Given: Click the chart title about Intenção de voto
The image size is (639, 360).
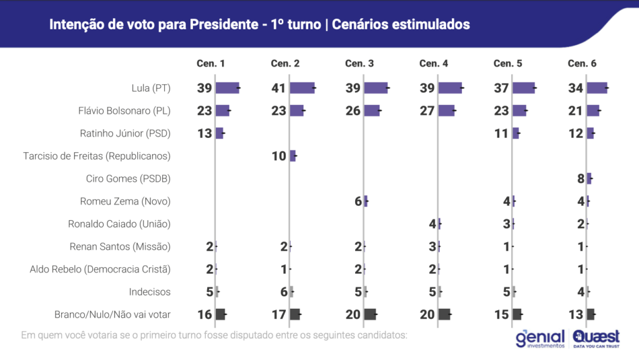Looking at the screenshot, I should click(x=259, y=24).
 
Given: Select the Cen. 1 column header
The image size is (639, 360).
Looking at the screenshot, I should click(x=211, y=64).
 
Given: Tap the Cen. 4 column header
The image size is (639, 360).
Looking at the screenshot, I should click(x=434, y=64).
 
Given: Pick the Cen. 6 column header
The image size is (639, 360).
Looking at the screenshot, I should click(x=582, y=64).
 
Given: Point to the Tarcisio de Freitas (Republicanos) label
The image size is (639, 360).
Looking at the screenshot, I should click(x=97, y=156).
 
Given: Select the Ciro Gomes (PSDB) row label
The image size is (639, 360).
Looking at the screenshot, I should click(x=128, y=178).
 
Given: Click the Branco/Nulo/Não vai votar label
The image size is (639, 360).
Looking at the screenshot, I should click(x=113, y=314).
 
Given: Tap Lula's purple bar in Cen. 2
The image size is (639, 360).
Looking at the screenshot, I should click(x=302, y=88).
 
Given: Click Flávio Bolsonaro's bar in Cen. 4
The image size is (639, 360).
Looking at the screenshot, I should click(x=446, y=110).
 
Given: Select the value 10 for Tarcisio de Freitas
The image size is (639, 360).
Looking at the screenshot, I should click(x=279, y=156).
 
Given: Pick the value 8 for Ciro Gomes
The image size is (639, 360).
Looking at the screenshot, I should click(x=580, y=178).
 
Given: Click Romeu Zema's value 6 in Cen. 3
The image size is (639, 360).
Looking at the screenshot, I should click(x=358, y=201).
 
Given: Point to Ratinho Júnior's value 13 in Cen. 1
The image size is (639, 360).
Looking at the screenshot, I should click(x=205, y=134).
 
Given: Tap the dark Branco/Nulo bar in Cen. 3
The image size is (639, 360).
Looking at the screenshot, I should click(x=370, y=314).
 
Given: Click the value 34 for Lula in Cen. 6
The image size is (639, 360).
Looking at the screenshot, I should click(x=576, y=88).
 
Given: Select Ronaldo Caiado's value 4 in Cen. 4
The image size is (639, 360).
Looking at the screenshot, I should click(x=432, y=224).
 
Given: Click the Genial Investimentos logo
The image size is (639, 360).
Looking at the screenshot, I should click(x=540, y=338).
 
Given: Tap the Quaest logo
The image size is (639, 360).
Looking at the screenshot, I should click(x=596, y=338).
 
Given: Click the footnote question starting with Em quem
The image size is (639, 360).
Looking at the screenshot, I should click(x=214, y=335).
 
